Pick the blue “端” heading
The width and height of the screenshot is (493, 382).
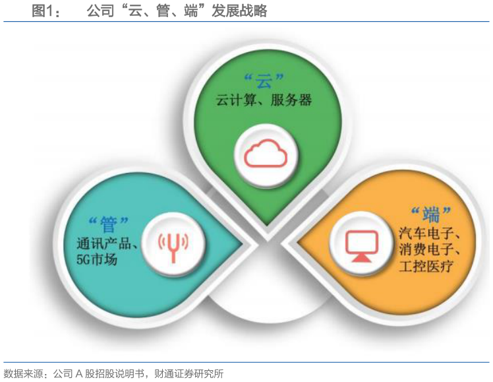point(430,213)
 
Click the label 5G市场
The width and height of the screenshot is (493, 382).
point(92,260)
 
